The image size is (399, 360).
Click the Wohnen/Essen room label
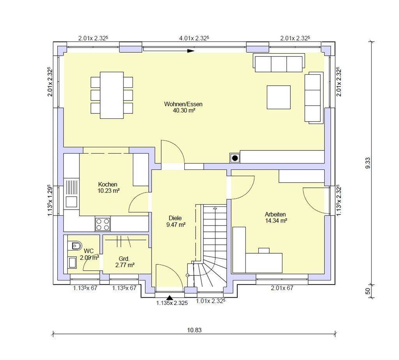pyautogui.click(x=183, y=104)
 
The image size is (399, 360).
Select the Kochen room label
pyautogui.click(x=108, y=184)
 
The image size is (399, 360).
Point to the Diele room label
pyautogui.click(x=175, y=218)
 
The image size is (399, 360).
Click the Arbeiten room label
pyautogui.click(x=275, y=214)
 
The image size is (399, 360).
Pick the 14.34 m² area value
pyautogui.click(x=276, y=221)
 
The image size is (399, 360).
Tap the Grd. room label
pyautogui.click(x=124, y=259)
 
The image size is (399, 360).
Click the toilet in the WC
pyautogui.click(x=74, y=246)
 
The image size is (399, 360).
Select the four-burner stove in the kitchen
pyautogui.click(x=103, y=224)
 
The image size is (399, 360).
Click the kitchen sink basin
pyautogui.click(x=71, y=202)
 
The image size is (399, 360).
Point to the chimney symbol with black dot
pyautogui.click(x=235, y=158)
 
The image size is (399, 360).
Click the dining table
pyautogui.click(x=112, y=95)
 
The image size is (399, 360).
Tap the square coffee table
pyautogui.click(x=279, y=97)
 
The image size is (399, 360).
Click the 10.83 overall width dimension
pyautogui.click(x=194, y=330)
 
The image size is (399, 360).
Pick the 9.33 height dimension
pyautogui.click(x=368, y=163)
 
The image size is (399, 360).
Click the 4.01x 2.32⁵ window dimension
pyautogui.click(x=194, y=38)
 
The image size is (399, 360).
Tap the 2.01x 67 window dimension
pyautogui.click(x=282, y=288)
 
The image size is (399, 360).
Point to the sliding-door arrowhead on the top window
pyautogui.click(x=191, y=51)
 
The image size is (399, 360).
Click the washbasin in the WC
pyautogui.click(x=72, y=262)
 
